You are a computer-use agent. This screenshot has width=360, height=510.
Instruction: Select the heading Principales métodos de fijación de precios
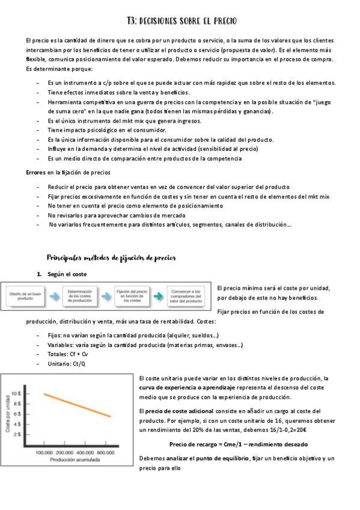click(x=111, y=257)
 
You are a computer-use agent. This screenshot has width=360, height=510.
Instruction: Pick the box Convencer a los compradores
click(x=186, y=296)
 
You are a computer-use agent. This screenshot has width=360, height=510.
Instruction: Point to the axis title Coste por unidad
click(x=8, y=413)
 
